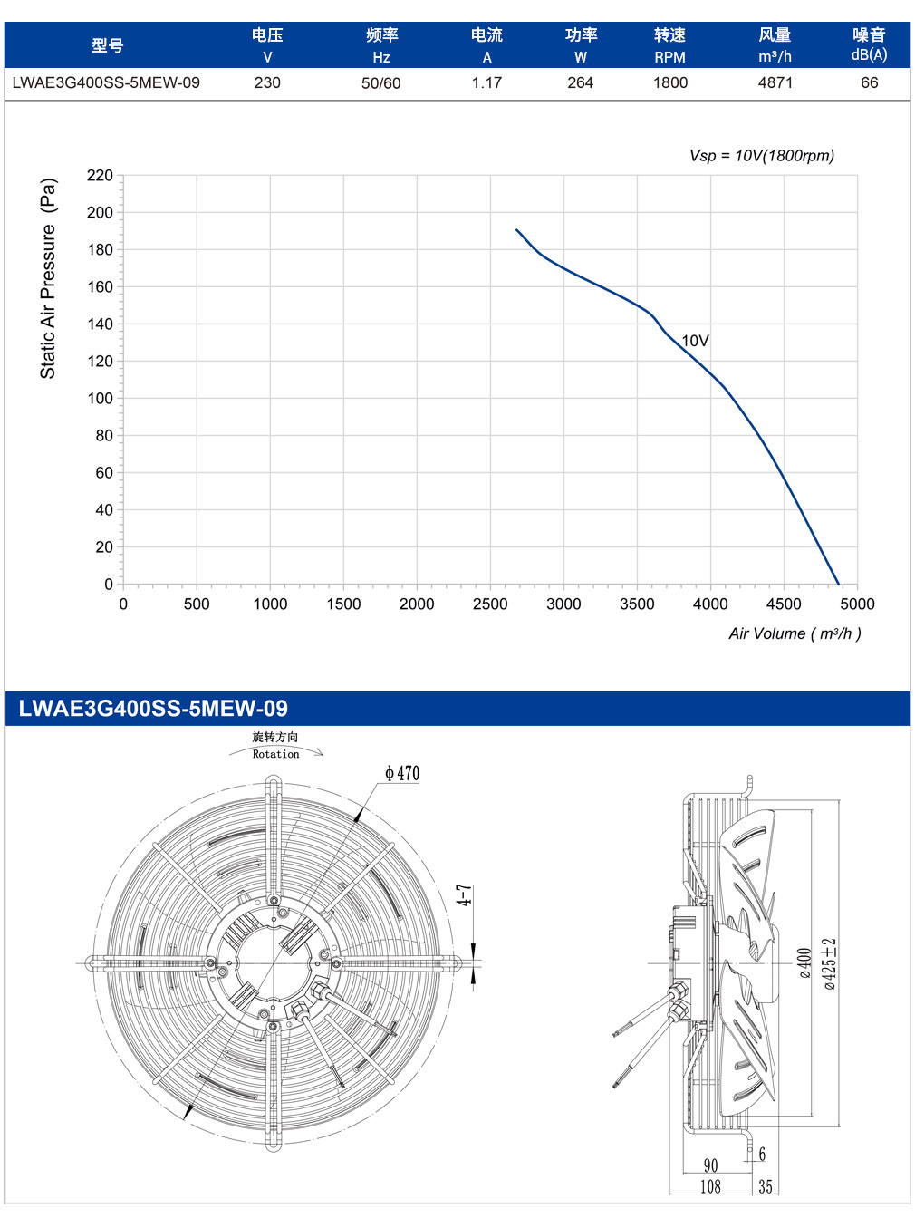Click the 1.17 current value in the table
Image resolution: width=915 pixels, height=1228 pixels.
pos(486,82)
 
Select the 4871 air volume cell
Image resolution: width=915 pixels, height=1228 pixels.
pos(775,82)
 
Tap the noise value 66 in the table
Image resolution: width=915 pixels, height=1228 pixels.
pos(869,82)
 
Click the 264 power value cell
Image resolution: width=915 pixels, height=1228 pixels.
pos(580,82)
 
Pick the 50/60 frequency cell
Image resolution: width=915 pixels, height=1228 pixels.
pos(380,83)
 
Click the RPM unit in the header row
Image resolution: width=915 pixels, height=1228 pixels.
pos(669,57)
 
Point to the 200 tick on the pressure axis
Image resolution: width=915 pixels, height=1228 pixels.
pos(101,213)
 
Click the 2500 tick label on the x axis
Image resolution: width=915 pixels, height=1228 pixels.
pos(490,604)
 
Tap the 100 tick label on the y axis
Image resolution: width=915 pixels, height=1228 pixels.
pos(101,399)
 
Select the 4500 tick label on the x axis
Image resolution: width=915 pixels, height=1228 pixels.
pos(784,604)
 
